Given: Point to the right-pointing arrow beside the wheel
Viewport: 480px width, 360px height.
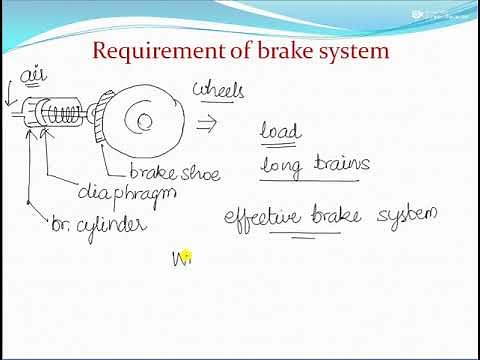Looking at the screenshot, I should click(208, 122).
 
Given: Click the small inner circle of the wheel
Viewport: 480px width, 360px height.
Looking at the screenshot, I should click(144, 124).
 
